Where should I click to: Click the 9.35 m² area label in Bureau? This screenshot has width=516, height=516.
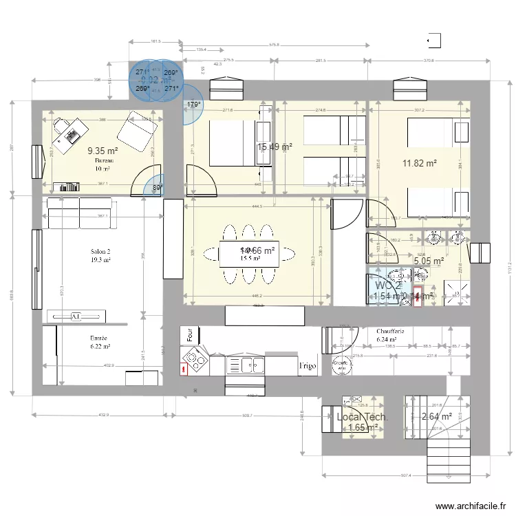103,150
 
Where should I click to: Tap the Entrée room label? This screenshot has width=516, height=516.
99,338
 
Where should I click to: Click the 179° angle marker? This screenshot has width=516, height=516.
194,105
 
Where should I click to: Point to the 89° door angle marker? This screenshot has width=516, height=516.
158,187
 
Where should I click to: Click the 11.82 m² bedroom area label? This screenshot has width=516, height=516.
420,163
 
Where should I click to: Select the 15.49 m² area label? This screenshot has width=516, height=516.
275,147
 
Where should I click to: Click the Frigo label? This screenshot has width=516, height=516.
307,366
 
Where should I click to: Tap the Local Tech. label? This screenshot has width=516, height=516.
363,417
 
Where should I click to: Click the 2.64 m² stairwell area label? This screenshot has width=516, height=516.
436,416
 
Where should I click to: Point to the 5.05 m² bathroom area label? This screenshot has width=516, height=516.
427,261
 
